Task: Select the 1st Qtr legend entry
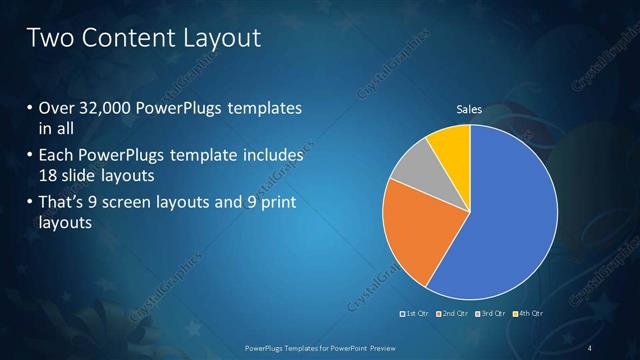click(417, 314)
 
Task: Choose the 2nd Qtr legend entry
click(455, 314)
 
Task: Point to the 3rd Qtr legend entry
click(493, 314)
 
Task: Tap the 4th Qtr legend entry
click(530, 314)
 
